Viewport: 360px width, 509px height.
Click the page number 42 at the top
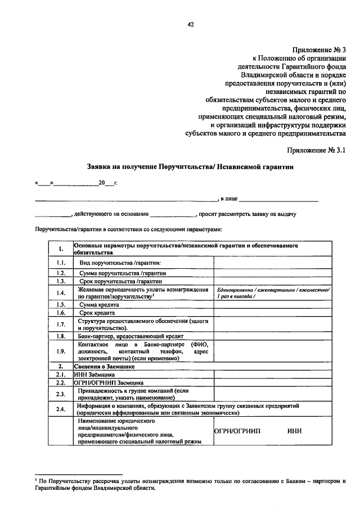pos(191,24)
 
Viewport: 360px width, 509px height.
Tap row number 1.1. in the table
pos(61,263)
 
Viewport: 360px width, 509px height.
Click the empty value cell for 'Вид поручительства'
pos(272,263)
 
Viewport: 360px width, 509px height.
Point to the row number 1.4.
pos(61,292)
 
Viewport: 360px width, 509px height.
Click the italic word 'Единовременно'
pos(236,289)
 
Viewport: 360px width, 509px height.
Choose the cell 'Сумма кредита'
pos(99,304)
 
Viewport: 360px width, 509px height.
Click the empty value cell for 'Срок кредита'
pos(272,313)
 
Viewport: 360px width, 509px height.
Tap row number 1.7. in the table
pos(61,325)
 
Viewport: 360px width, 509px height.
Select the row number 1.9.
pos(61,352)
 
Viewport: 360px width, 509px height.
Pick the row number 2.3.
pos(61,394)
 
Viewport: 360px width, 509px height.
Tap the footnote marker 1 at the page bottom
pos(35,479)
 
